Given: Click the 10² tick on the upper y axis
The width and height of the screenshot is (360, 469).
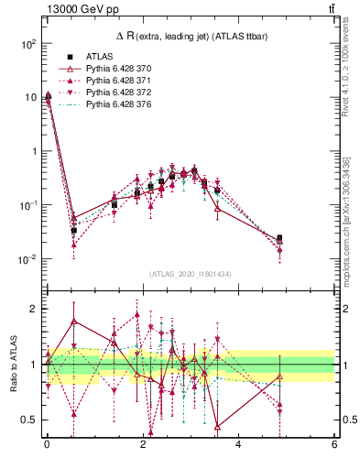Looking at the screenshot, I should pos(28,43).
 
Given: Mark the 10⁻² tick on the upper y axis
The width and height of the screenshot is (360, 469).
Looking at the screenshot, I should pos(28,259).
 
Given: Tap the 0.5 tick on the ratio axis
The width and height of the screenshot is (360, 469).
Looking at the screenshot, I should pos(28,420).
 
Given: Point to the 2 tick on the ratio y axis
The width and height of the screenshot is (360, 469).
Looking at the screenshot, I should pos(33,309).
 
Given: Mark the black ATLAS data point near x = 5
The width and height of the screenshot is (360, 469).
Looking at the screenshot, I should pos(279,238).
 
